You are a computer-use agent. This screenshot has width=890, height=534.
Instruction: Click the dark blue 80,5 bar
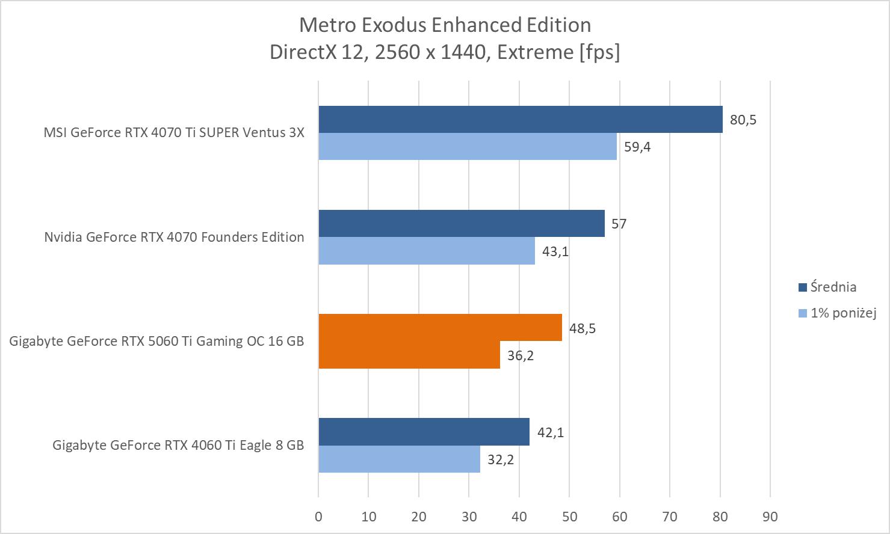521,119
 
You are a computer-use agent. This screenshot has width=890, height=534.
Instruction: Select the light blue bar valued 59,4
468,146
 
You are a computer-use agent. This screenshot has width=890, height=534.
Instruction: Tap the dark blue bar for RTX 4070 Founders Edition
462,223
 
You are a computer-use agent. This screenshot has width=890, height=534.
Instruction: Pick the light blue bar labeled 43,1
427,251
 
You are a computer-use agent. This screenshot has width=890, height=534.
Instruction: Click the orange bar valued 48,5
440,328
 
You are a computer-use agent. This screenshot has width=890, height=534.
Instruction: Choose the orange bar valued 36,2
409,355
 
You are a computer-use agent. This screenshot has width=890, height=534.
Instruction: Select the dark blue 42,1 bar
424,432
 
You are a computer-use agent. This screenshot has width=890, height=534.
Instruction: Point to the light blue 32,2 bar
399,459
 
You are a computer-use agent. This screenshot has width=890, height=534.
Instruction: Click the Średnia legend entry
833,287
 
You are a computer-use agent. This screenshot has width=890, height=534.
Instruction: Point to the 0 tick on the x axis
318,516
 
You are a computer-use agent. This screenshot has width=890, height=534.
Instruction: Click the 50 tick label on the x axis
569,516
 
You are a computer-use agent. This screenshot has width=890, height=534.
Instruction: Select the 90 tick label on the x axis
770,516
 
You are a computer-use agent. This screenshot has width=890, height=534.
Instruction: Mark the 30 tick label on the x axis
469,516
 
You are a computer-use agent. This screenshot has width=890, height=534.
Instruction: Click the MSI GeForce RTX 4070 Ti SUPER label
174,132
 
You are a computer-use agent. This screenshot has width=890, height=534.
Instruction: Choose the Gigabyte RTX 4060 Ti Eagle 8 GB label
178,445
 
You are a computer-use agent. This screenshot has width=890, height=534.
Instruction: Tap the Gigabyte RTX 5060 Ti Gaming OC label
156,341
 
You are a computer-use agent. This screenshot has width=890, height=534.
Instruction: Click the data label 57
619,224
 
